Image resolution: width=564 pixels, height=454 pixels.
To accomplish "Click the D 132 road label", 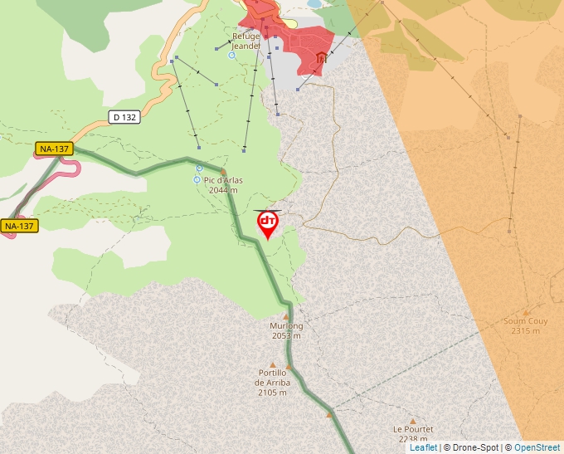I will point(124,118).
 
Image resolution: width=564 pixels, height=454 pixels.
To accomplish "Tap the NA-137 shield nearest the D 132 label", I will point(54,149).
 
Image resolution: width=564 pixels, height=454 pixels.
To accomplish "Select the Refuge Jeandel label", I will point(246,41).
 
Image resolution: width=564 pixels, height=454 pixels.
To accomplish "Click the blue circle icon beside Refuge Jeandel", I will point(231,56).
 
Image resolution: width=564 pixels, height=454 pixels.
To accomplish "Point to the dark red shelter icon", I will point(321,58).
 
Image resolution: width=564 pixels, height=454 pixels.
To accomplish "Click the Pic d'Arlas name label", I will point(223,181).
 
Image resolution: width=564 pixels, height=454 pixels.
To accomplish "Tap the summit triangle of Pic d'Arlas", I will point(223,172).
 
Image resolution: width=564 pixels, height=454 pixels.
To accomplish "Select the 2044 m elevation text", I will point(223,190).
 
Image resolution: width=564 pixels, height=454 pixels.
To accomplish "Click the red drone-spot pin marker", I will point(268,223).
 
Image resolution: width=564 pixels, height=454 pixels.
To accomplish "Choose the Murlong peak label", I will point(286,326).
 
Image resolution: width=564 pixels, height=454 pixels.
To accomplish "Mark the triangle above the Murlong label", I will point(286,316).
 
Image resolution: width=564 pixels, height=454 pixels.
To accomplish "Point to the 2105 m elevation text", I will point(272,392).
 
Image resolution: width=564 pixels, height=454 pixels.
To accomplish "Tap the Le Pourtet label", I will point(413,429).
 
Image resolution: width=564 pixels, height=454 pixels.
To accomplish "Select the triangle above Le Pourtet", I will point(412,420).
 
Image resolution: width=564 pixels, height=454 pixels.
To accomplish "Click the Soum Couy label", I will point(525,321).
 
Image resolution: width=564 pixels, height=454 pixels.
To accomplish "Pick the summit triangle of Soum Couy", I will point(526,312).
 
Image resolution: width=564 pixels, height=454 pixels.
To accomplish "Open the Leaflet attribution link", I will point(423,447).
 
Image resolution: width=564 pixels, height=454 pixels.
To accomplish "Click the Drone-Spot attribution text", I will point(471,447).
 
